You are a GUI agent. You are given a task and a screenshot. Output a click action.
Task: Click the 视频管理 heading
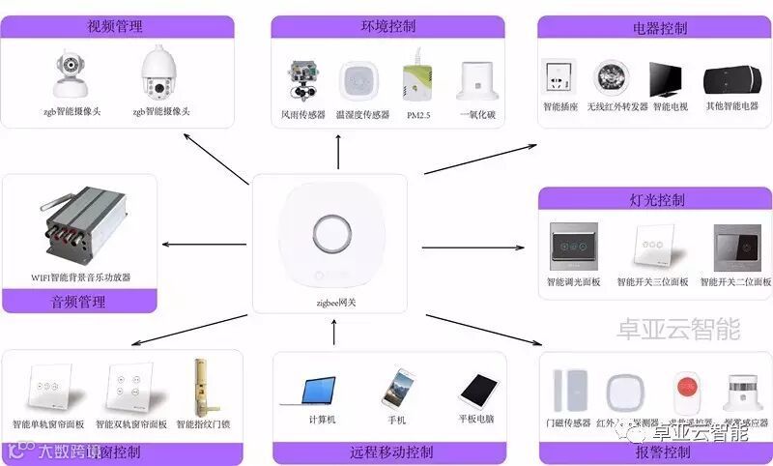(x=120, y=26)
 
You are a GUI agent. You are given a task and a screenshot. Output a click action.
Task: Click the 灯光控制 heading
(x=656, y=200)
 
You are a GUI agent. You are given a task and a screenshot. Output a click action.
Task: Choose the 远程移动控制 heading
(x=390, y=452)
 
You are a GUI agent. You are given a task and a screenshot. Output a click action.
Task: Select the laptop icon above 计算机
(x=321, y=390)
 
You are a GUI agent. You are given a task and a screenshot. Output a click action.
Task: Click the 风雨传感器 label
(x=303, y=115)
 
